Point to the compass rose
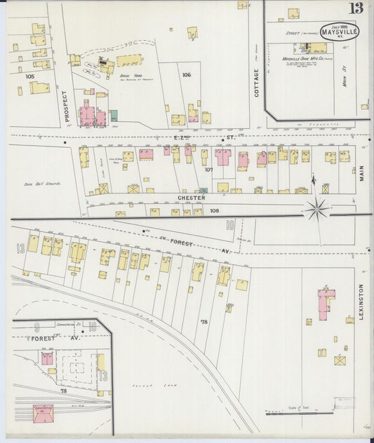(318, 207)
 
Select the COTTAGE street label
(256, 83)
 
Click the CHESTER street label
(191, 198)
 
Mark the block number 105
(29, 76)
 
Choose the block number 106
(186, 74)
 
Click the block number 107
(208, 169)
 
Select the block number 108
(214, 210)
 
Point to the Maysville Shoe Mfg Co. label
(307, 58)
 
